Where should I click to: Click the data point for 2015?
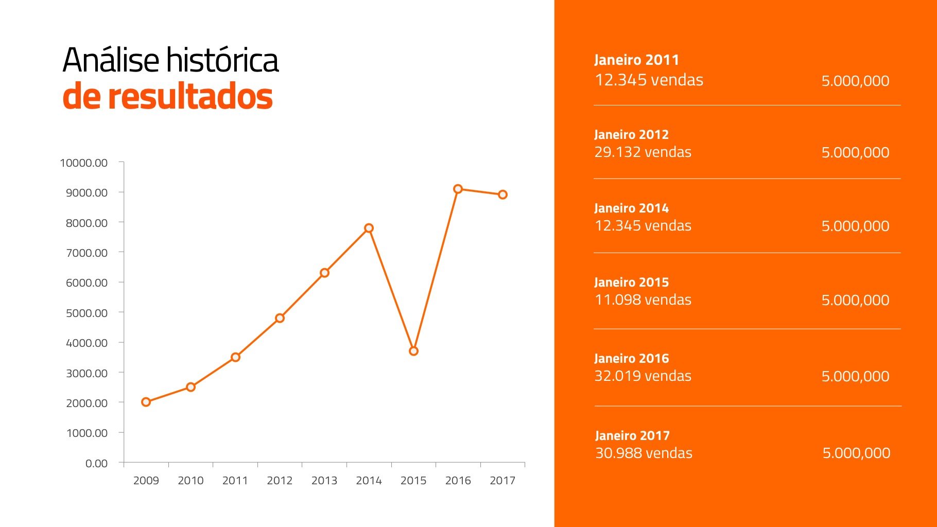[413, 351]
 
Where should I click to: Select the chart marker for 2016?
[458, 189]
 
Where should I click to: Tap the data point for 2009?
[146, 402]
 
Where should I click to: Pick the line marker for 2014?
[369, 228]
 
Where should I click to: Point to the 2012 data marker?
[280, 318]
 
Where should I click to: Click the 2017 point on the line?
[502, 195]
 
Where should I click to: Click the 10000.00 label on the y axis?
[84, 163]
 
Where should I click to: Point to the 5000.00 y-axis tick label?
[87, 313]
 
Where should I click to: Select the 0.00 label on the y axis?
[96, 463]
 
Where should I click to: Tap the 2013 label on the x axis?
[324, 481]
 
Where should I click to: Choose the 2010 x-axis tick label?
[190, 481]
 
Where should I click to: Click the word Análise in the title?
[111, 61]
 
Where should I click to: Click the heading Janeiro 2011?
[636, 60]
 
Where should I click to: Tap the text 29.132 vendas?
[643, 152]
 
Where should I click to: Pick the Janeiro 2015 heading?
[631, 283]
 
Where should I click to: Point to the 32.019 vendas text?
[643, 376]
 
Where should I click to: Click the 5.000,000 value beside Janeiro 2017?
[856, 453]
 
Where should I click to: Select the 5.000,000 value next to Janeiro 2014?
[855, 226]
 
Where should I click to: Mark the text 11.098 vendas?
[643, 300]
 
